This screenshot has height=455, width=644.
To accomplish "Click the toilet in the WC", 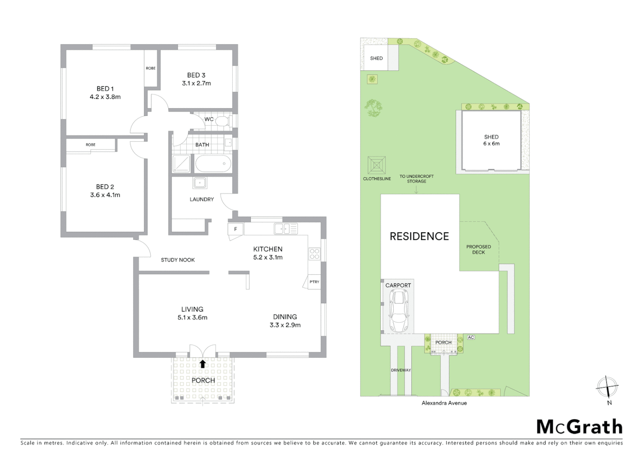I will point(222,121).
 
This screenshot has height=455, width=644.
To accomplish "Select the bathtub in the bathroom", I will point(213,163).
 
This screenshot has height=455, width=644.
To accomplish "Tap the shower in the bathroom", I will point(181,163).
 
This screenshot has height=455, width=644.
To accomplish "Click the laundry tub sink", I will point(199,183).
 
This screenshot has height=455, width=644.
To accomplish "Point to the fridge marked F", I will point(236,229).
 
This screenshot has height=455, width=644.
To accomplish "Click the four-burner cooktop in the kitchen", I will point(314,254).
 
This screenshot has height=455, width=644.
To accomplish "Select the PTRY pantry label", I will point(314,282).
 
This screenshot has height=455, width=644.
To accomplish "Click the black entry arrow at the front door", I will point(203,364).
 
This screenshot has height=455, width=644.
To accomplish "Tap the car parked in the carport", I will point(398,310).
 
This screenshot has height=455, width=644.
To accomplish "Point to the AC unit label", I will point(471,337).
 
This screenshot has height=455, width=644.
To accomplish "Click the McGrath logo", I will point(579,427).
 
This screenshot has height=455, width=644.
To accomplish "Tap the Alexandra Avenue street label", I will point(444,403).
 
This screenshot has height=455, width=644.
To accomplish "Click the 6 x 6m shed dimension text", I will point(491,144).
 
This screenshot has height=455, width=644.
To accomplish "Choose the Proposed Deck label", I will point(478,249).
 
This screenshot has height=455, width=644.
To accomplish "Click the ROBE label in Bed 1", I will point(150,68).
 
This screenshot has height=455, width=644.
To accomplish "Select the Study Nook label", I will point(178,260).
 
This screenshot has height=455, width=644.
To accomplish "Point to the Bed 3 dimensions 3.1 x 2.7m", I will point(196,83).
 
